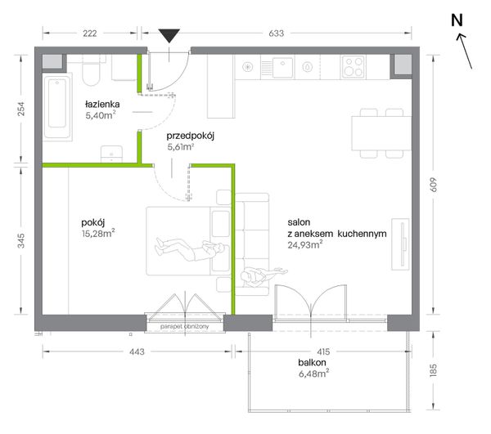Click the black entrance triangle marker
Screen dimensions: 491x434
169,35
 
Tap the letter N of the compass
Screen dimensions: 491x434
457,20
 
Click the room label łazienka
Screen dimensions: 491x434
102,104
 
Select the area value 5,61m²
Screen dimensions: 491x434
181,146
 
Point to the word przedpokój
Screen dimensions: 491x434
191,136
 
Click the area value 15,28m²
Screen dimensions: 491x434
98,233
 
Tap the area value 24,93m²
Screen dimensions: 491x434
305,244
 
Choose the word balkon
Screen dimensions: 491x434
312,363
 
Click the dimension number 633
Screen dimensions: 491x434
277,34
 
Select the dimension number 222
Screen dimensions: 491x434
90,34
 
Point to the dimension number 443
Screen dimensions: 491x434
137,351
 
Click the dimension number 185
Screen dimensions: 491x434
433,370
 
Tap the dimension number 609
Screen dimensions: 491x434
433,185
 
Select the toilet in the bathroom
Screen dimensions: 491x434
91,70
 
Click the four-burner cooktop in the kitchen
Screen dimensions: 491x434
354,66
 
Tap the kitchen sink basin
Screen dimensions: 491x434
283,67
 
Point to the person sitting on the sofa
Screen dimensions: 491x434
263,275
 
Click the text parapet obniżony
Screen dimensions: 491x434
184,326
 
